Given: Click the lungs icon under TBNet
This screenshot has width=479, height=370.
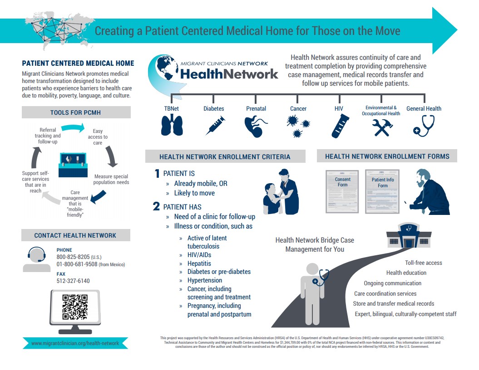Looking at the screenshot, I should coord(172,126).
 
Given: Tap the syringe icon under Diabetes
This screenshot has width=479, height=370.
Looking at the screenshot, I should coord(215,125).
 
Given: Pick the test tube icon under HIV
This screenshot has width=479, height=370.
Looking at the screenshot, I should coord(339,126).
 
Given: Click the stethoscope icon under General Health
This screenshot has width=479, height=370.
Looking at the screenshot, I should coord(424,126).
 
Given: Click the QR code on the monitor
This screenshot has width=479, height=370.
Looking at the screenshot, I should coord(75,307).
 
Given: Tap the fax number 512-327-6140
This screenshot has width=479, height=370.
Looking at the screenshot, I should coord(73,281).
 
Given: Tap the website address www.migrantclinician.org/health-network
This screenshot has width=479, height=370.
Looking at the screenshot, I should coord(75,343).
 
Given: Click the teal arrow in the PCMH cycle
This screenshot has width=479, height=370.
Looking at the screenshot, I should coord(73,128).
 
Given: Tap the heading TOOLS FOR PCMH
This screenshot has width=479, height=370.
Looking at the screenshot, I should coord(76,112).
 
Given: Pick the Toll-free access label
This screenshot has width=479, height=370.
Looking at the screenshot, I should coord(423,263).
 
